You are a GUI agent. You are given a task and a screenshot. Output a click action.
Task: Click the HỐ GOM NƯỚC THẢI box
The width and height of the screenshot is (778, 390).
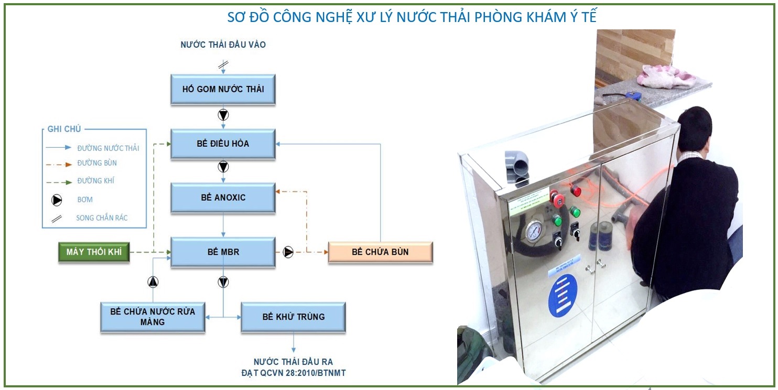(x=223, y=89)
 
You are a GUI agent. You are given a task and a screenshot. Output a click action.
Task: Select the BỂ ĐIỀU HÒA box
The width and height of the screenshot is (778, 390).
(x=223, y=144)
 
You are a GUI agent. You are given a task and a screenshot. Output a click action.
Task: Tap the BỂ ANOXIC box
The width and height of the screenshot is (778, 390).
(x=223, y=198)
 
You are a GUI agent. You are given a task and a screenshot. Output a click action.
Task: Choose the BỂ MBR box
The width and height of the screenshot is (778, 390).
(x=223, y=252)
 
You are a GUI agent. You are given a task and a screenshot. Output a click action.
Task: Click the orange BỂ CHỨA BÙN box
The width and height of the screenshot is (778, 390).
(x=380, y=252)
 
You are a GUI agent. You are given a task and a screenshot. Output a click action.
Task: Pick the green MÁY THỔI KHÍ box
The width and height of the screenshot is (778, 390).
(x=94, y=252)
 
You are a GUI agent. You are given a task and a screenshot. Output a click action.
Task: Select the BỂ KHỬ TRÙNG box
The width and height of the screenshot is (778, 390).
(x=293, y=317)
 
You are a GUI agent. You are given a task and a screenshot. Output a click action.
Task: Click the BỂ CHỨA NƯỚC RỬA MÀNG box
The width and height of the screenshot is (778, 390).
(x=153, y=317)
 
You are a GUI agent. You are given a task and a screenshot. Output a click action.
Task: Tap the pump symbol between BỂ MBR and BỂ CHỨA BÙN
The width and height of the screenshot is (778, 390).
(x=288, y=252)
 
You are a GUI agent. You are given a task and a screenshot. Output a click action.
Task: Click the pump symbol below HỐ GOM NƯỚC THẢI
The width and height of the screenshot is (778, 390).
(x=223, y=115)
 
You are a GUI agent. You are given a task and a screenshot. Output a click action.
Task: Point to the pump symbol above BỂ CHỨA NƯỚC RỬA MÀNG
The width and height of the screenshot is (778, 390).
(x=153, y=282)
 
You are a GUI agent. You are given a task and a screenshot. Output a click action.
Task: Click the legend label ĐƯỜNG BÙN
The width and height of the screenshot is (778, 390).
(x=97, y=163)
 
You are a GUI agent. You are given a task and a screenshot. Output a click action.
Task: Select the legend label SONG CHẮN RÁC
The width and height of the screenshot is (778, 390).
(x=102, y=218)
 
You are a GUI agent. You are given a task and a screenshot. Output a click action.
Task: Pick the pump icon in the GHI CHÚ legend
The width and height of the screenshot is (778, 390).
(x=57, y=200)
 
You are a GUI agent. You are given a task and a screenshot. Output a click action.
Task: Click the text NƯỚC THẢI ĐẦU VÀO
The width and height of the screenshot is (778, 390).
(x=223, y=45)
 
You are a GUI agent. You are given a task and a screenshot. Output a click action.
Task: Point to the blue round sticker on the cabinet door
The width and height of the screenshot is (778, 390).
(x=563, y=289)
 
